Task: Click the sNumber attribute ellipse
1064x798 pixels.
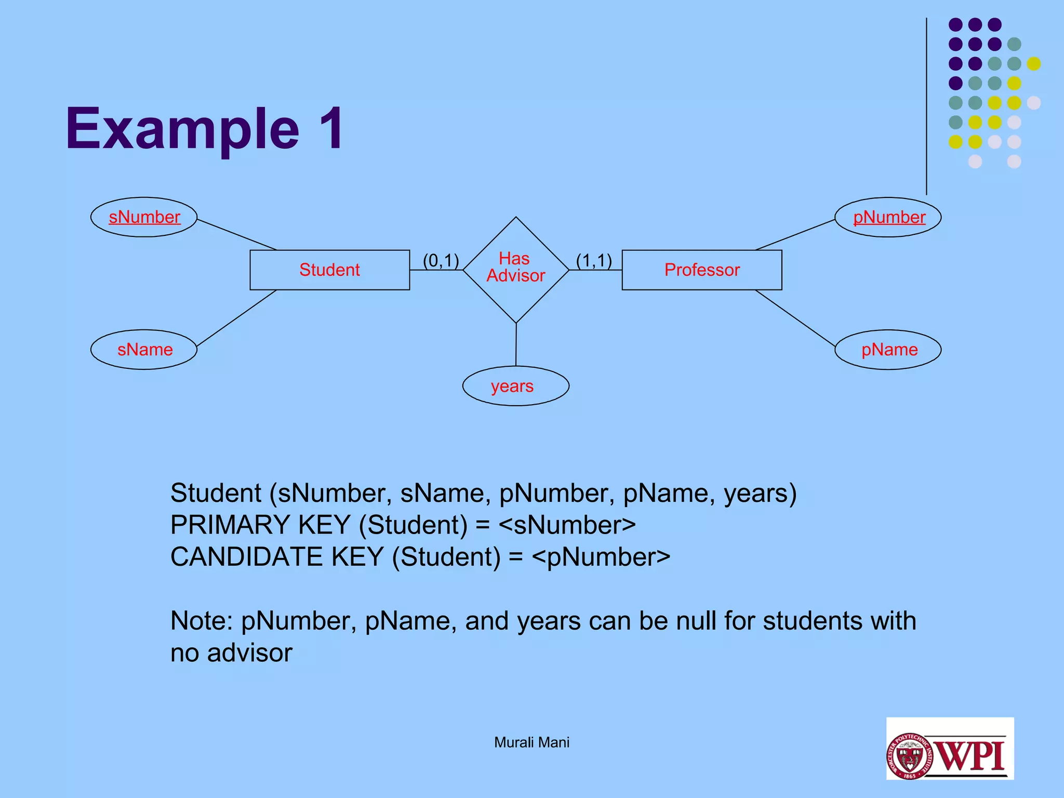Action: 144,217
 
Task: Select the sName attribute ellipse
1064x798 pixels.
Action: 144,350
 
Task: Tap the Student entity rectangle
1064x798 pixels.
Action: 329,270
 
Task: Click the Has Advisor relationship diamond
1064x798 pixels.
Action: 515,270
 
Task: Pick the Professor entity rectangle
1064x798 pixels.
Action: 701,270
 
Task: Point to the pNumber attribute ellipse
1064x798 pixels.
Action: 888,217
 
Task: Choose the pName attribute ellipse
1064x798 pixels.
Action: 888,350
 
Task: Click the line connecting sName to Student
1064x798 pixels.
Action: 236,318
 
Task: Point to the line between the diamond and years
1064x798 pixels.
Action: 516,344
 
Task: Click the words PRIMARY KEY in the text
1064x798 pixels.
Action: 260,525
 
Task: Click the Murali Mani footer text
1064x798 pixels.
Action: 531,742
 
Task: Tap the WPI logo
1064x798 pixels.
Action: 950,749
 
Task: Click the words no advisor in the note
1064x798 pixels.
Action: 231,653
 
